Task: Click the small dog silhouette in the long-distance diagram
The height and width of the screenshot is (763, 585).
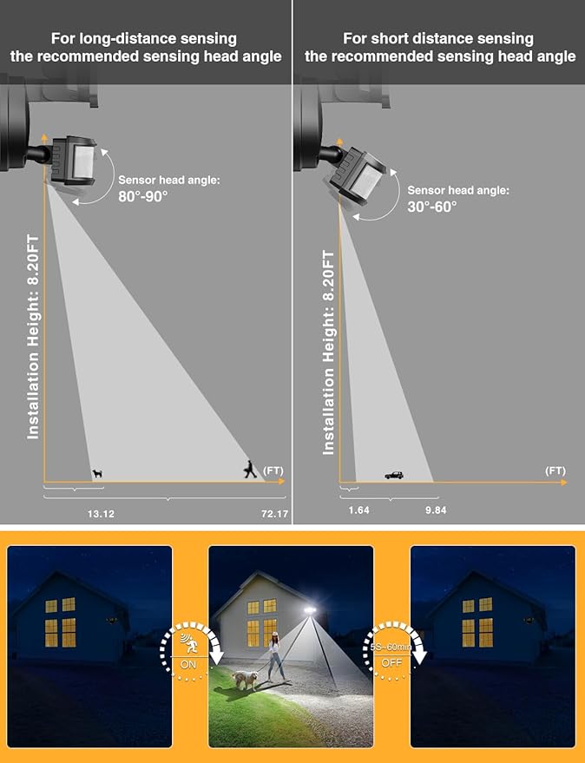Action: tap(97, 474)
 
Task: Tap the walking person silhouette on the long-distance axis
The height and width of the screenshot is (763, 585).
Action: tap(250, 470)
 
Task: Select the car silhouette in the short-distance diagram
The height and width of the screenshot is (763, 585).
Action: tap(394, 475)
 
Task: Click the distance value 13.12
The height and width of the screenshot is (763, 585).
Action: tap(101, 514)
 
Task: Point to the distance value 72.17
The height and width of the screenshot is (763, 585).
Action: tap(274, 514)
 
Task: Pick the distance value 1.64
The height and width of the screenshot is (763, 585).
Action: tap(358, 510)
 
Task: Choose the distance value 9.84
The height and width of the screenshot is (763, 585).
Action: tap(436, 510)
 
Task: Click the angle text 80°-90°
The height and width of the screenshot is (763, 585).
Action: tap(143, 196)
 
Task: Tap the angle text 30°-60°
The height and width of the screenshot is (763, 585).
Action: tap(432, 207)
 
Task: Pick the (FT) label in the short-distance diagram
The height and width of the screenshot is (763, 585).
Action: tap(555, 470)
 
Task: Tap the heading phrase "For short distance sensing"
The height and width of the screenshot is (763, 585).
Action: tap(439, 38)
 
